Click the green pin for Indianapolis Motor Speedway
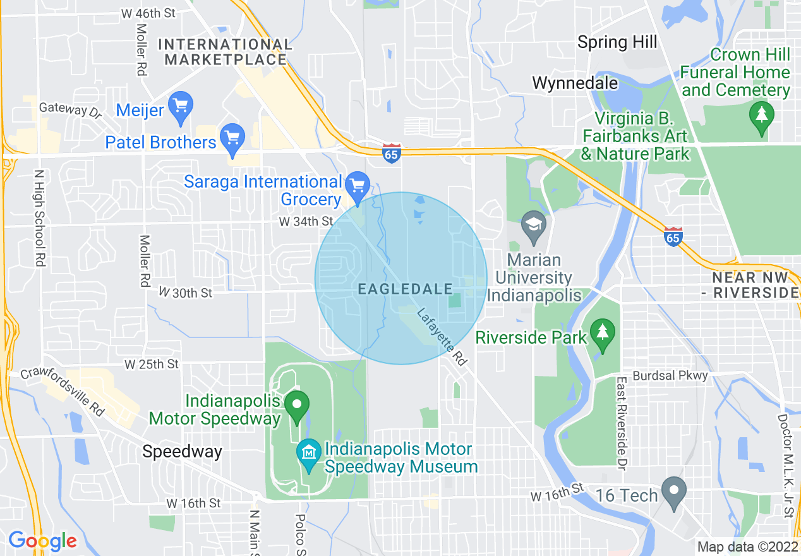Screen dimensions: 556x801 [x=297, y=404]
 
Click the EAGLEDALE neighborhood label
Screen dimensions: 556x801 [x=405, y=289]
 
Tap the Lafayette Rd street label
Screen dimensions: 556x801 [x=442, y=337]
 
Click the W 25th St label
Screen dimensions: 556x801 [x=152, y=365]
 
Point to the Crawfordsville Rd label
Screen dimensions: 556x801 [x=63, y=391]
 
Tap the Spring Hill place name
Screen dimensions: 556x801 [x=617, y=42]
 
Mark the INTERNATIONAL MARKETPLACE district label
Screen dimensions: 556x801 [x=225, y=52]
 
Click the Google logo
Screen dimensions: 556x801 [x=42, y=541]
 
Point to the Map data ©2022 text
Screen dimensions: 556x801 [x=746, y=547]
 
